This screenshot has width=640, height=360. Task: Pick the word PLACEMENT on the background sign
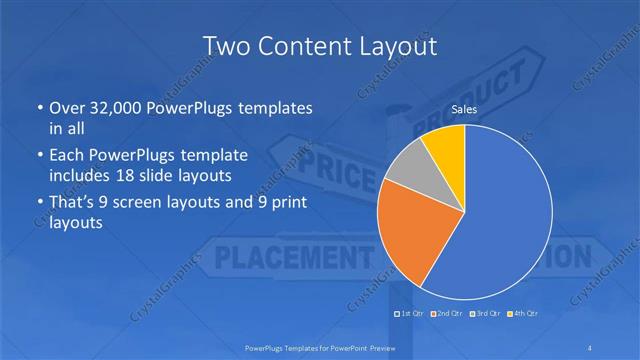click(x=279, y=257)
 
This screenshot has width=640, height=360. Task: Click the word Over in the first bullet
click(x=65, y=107)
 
